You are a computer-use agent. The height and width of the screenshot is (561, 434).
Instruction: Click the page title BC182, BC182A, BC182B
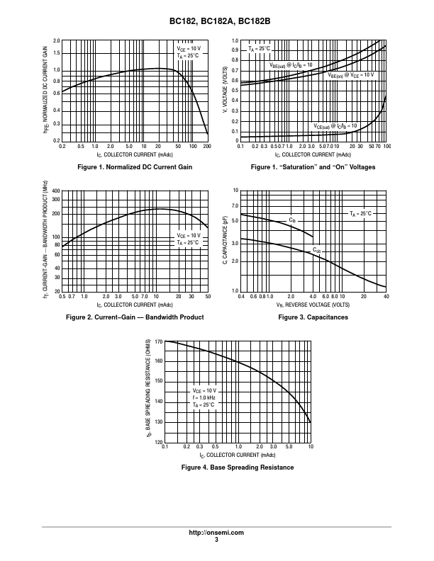(x=216, y=22)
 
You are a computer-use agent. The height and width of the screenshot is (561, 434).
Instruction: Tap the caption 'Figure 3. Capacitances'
(x=313, y=317)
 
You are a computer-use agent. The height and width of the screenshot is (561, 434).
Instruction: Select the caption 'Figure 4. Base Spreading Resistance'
(x=238, y=468)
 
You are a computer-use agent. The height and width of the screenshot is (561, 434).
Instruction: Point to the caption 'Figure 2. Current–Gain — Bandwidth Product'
(x=135, y=317)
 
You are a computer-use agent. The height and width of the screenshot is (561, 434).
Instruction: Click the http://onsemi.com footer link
(x=216, y=532)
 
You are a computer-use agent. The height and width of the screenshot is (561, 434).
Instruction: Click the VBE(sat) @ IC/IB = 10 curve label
(x=290, y=64)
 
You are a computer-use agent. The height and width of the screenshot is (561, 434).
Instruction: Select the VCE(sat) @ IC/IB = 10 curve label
(x=334, y=126)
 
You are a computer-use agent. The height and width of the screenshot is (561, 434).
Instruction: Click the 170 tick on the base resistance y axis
(x=158, y=341)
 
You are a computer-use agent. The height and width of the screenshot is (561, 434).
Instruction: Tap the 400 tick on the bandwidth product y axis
(x=56, y=191)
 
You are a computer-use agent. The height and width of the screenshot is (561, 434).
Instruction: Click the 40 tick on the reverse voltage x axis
(x=386, y=297)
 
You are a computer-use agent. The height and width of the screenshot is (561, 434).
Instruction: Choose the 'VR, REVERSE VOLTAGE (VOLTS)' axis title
(x=313, y=304)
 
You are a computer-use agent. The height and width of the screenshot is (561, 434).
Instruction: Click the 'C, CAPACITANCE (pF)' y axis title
(x=225, y=242)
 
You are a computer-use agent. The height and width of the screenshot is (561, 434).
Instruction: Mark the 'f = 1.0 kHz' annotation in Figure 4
(x=204, y=397)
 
